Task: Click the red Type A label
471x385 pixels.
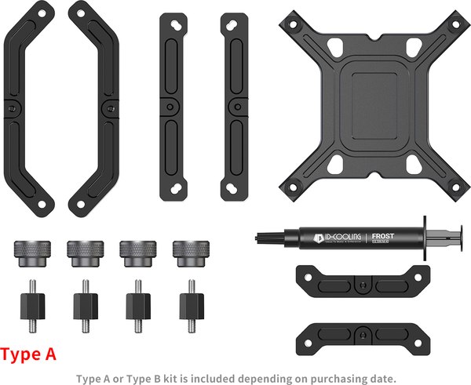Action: click(29, 354)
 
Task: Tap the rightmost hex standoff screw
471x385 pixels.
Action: click(189, 302)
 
